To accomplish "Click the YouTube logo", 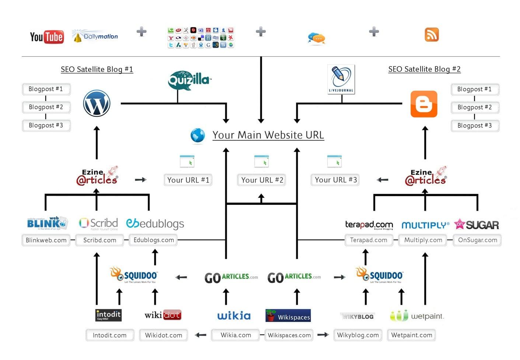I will [47, 37].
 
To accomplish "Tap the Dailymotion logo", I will [95, 36].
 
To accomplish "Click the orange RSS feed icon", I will [432, 35].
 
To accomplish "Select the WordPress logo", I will [97, 103].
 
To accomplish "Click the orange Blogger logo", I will [424, 104].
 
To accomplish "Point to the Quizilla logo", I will [189, 80].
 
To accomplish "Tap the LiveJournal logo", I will [341, 79].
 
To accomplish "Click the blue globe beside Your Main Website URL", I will [198, 135].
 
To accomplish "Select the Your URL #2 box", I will [262, 180].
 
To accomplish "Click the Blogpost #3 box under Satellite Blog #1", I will [46, 125].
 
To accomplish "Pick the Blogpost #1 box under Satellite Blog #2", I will [474, 89].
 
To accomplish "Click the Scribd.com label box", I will [100, 240].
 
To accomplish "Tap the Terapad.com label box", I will [369, 240].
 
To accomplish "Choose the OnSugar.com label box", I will [477, 240].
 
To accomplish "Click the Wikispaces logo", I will [288, 316].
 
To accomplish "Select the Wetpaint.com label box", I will [411, 335].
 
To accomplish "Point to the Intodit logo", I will [108, 315].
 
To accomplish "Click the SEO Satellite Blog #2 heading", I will [424, 69].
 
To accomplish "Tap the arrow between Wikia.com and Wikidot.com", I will [200, 335].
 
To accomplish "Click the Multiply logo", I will [425, 225].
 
